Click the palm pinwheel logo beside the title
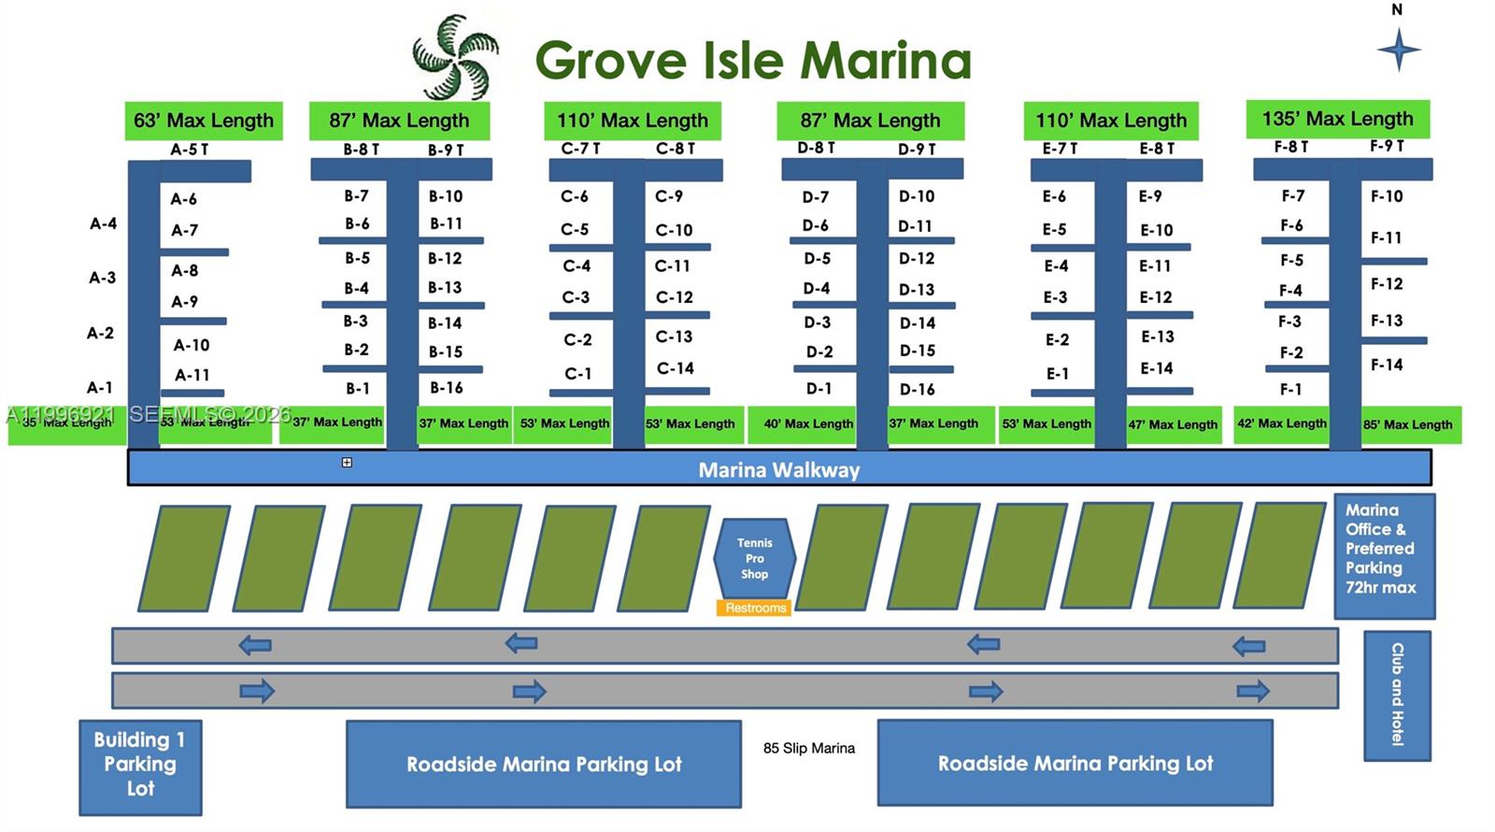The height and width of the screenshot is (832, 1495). pos(456,57)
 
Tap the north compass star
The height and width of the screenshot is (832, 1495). pos(1398,50)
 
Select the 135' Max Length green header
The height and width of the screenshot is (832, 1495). pos(1337,119)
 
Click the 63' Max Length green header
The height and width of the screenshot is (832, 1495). pos(204,121)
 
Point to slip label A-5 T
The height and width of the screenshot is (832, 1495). pos(190,150)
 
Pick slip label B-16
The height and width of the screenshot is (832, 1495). pos(446,388)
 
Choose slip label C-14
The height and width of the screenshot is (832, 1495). pos(675,368)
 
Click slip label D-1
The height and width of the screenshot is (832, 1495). pos(819,388)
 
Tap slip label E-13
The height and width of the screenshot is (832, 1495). pos(1157,337)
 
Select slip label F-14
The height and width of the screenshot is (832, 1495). pos(1387,365)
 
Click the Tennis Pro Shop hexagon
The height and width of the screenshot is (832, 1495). pos(754,558)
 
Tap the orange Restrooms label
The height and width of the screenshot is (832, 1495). pos(755,608)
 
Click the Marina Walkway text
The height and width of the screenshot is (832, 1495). pos(779,469)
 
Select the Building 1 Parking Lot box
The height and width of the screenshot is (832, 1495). pos(140,765)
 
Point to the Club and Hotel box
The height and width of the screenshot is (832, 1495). pos(1397,695)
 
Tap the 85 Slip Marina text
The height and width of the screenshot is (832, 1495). pos(808,748)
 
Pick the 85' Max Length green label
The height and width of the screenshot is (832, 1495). pos(1407,424)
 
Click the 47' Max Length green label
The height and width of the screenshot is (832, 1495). pos(1173,424)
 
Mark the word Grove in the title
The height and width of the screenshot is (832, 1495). pos(611,61)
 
